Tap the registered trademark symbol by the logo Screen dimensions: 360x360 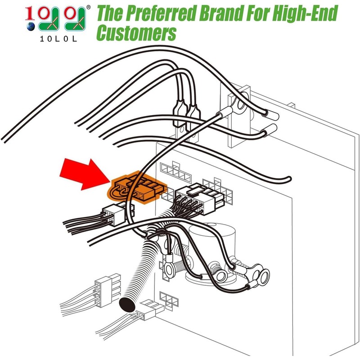88,7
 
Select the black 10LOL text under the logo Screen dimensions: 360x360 58,39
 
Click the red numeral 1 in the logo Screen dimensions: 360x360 30,13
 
